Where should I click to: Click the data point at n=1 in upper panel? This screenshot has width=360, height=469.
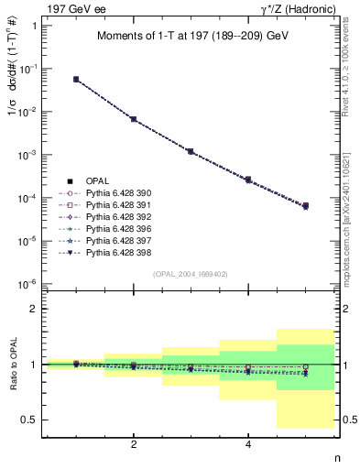pos(76,80)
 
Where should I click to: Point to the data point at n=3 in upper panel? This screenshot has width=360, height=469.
pos(191,151)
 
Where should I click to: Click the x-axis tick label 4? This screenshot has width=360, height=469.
pos(248,444)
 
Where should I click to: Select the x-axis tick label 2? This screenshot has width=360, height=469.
pos(134,444)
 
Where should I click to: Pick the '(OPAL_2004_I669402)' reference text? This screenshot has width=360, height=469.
pos(193,274)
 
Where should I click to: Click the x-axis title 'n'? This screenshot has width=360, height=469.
pos(336,458)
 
